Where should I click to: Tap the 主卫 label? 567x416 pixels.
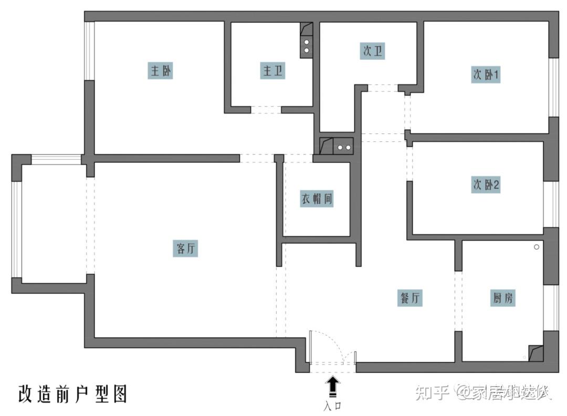pyautogui.click(x=271, y=71)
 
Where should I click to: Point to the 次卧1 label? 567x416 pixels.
pyautogui.click(x=486, y=75)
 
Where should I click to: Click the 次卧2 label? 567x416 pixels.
pyautogui.click(x=486, y=185)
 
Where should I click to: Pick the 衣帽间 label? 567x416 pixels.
pyautogui.click(x=317, y=199)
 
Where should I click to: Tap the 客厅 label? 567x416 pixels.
pyautogui.click(x=185, y=248)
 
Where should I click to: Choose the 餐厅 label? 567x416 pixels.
pyautogui.click(x=409, y=298)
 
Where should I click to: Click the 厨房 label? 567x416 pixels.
pyautogui.click(x=503, y=298)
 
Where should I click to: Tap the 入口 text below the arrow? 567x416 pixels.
pyautogui.click(x=333, y=405)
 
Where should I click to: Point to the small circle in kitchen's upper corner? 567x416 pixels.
pyautogui.click(x=537, y=247)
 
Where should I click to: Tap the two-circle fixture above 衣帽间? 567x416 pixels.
pyautogui.click(x=344, y=147)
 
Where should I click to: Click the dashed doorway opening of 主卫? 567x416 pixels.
pyautogui.click(x=266, y=110)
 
